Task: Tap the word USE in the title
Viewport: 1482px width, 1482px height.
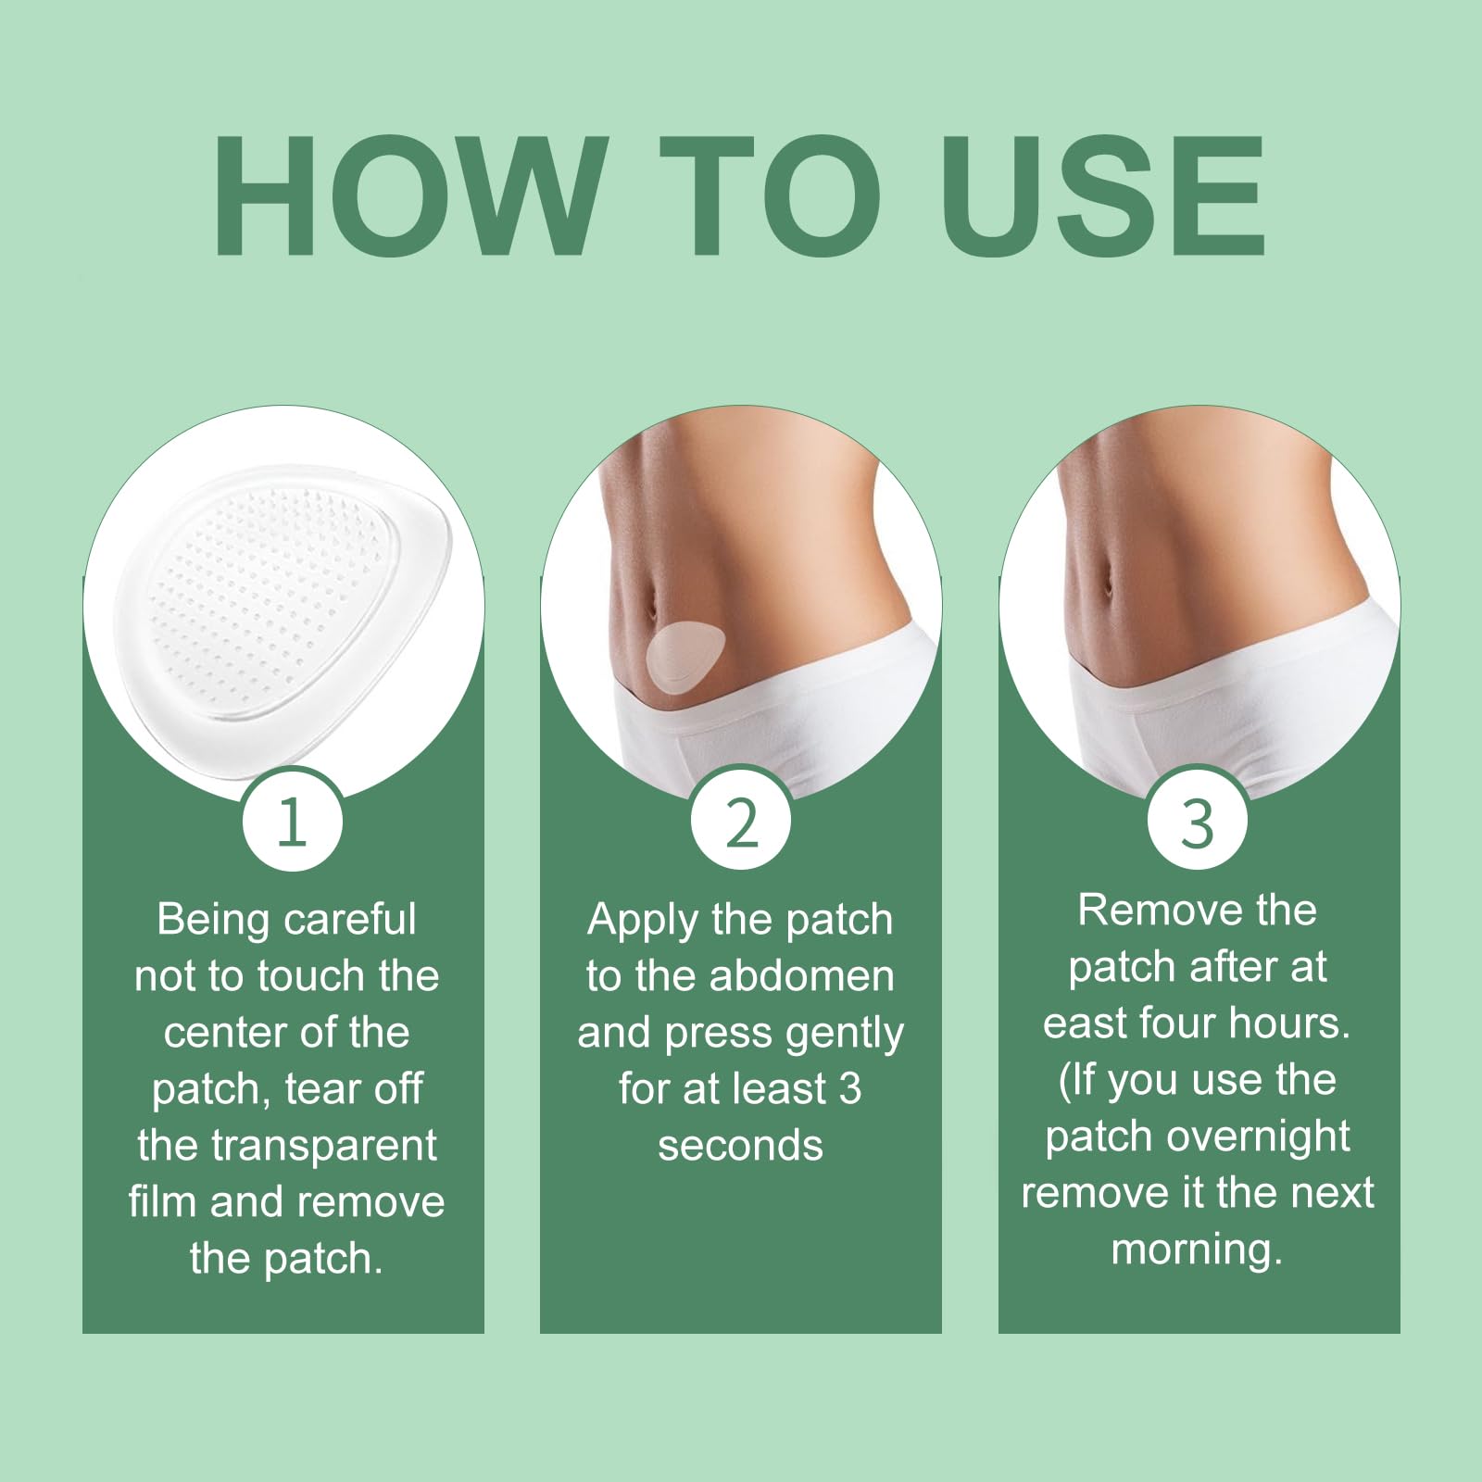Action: (x=1103, y=195)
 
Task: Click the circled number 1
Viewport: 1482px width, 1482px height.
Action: (x=293, y=821)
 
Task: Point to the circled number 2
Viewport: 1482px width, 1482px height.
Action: (x=741, y=821)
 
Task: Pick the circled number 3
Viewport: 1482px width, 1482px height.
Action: (x=1198, y=821)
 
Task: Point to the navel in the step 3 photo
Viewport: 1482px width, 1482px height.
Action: (x=1108, y=584)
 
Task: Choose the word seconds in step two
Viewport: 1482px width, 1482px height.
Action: (x=740, y=1147)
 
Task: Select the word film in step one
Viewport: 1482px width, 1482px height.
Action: (x=162, y=1202)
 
